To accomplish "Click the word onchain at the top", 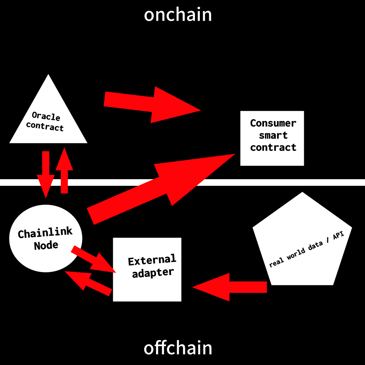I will click(178, 15).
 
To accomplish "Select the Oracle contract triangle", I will click(48, 122).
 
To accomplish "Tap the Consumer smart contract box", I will click(272, 138).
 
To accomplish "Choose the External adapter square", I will click(147, 269).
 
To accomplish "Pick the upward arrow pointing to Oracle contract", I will click(64, 170).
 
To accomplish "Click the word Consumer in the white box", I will click(273, 123).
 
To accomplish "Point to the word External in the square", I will click(152, 260).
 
